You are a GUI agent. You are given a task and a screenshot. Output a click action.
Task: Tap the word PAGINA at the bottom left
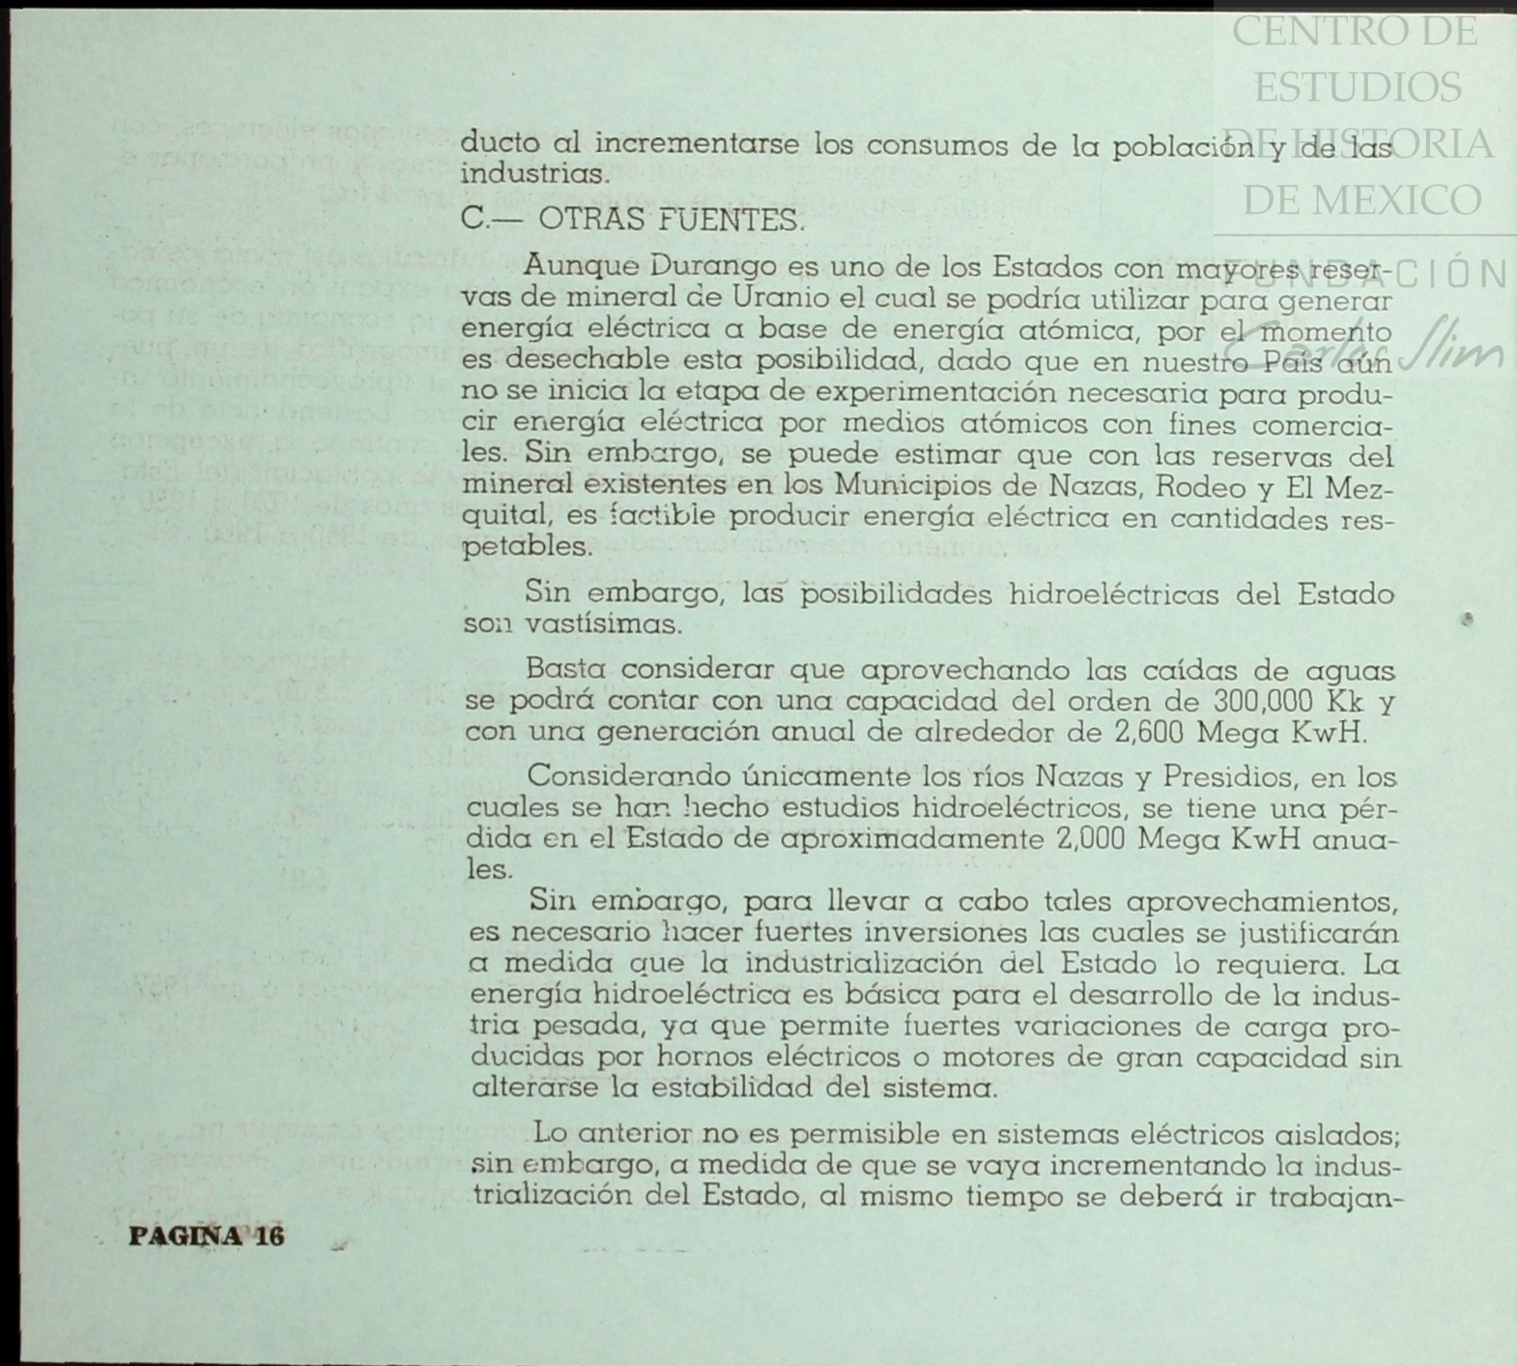pyautogui.click(x=186, y=1236)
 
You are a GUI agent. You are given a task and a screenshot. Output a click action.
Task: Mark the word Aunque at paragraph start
pyautogui.click(x=582, y=266)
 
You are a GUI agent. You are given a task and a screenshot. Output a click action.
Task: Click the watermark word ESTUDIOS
pyautogui.click(x=1358, y=88)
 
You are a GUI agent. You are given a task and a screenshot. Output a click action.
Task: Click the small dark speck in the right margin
pyautogui.click(x=1467, y=619)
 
